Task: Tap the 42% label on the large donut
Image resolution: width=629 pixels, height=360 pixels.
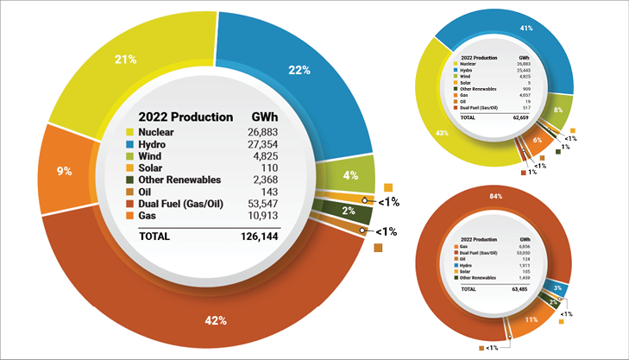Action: pos(216,320)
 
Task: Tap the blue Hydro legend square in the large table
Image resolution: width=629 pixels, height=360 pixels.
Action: pos(132,144)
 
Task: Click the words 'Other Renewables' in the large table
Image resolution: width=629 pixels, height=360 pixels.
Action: pos(179,180)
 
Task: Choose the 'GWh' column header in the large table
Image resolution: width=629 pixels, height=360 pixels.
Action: pos(263,117)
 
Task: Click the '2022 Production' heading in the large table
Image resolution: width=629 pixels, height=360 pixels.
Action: pos(180,117)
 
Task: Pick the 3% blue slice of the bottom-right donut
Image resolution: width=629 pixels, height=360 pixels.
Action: pos(559,287)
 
